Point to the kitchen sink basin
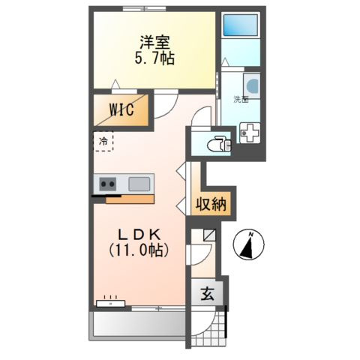(x=139, y=183)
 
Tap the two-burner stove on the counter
(x=106, y=183)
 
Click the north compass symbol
(x=250, y=246)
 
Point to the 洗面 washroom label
(x=240, y=99)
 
